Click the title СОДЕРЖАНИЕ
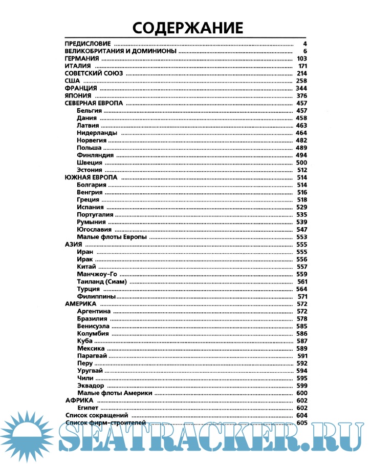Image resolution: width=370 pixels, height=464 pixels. pyautogui.click(x=184, y=27)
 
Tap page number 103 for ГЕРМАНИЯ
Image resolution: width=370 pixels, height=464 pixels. pyautogui.click(x=301, y=59)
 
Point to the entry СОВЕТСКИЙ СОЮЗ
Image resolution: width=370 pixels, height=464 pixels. pyautogui.click(x=94, y=74)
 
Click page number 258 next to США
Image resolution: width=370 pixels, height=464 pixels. pyautogui.click(x=301, y=81)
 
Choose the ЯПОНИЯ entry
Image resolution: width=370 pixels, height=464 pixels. pyautogui.click(x=78, y=96)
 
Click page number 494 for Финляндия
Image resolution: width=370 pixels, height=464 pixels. pyautogui.click(x=301, y=155)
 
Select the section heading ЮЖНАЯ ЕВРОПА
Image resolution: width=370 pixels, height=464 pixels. pyautogui.click(x=91, y=177)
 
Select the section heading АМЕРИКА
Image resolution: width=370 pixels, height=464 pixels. pyautogui.click(x=81, y=304)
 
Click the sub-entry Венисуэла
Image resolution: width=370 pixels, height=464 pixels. pyautogui.click(x=93, y=326)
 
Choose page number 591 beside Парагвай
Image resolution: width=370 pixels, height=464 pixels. pyautogui.click(x=301, y=355)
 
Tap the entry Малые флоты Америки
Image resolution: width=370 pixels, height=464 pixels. pyautogui.click(x=115, y=392)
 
